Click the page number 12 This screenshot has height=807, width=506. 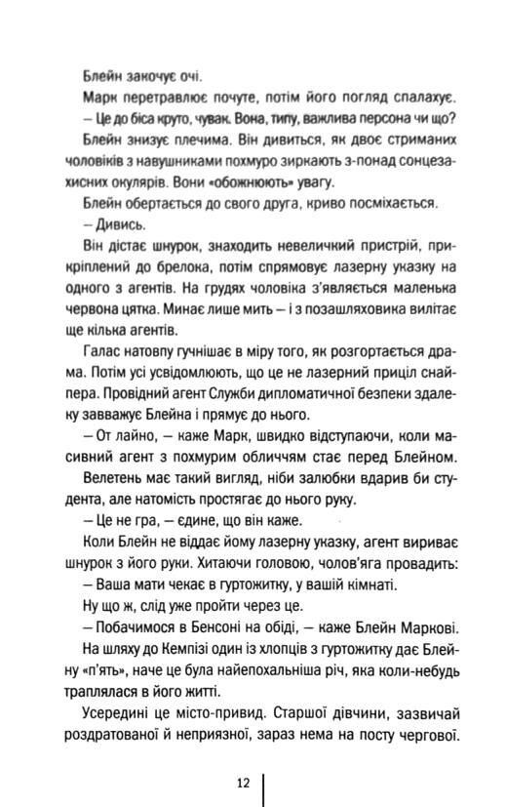244,782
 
